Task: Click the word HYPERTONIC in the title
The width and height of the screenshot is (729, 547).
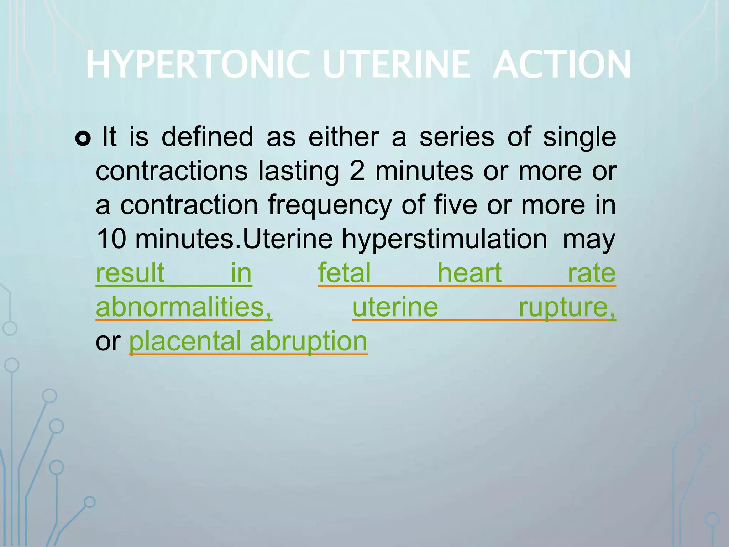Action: pyautogui.click(x=198, y=65)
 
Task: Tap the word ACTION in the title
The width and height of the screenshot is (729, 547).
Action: pyautogui.click(x=562, y=65)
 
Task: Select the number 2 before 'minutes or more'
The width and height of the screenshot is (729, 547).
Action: pyautogui.click(x=357, y=171)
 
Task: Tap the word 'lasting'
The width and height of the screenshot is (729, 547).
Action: pyautogui.click(x=299, y=172)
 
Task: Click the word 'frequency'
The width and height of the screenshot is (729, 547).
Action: pyautogui.click(x=330, y=206)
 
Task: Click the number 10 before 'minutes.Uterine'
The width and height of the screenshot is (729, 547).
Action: pyautogui.click(x=111, y=239)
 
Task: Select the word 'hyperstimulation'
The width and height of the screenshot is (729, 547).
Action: pyautogui.click(x=445, y=240)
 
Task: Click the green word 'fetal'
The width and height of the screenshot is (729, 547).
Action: pyautogui.click(x=344, y=273)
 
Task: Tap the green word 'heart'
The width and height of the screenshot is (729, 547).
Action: pyautogui.click(x=470, y=273)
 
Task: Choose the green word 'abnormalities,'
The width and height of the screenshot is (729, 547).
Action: pyautogui.click(x=184, y=307)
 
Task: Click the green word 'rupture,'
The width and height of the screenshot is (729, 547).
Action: pyautogui.click(x=567, y=307)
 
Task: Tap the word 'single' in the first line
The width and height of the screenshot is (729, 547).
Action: pyautogui.click(x=579, y=137)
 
